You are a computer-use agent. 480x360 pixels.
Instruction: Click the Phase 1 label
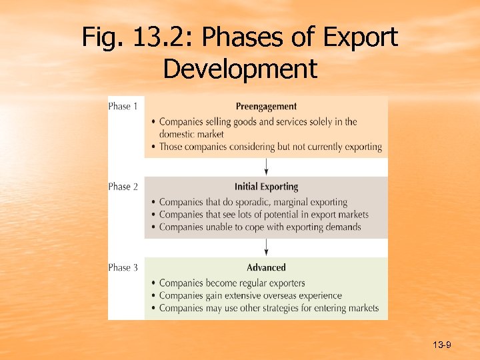pos(123,106)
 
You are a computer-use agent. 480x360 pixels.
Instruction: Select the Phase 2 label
pos(123,187)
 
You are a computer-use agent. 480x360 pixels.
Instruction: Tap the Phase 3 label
pos(123,267)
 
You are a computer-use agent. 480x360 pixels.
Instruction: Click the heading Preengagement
pos(266,106)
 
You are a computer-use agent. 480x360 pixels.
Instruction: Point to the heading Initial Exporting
pos(266,187)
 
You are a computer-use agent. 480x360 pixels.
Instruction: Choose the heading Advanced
pos(266,267)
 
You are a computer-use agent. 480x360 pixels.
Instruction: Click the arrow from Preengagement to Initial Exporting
pos(267,167)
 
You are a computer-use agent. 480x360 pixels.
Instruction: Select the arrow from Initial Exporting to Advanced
pos(267,247)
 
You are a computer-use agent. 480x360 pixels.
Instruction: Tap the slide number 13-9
pos(442,345)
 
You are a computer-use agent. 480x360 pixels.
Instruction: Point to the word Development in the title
pos(240,68)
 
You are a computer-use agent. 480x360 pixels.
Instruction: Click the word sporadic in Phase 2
pos(247,202)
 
